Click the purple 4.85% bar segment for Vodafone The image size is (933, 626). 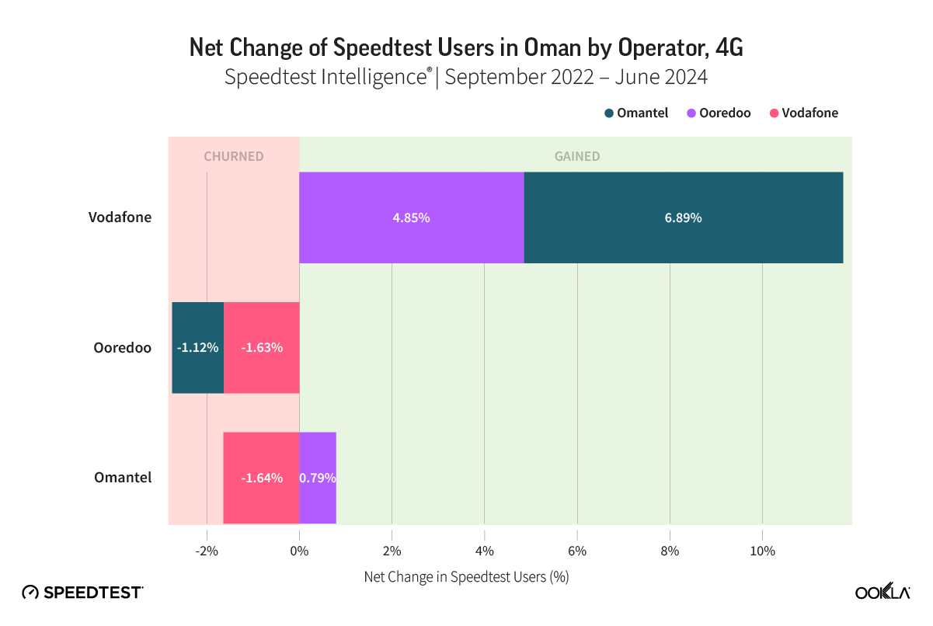pos(411,217)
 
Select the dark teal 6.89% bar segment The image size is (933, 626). pos(683,217)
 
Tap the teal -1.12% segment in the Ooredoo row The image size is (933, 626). pos(197,347)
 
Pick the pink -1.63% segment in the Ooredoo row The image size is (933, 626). pos(261,347)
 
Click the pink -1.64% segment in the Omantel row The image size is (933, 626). pos(261,478)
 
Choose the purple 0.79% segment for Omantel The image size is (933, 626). pos(318,478)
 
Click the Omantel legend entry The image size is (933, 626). pos(636,113)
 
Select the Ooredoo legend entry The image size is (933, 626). pos(719,113)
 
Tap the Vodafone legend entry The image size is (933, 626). pos(803,113)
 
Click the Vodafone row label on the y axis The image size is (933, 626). pos(120,217)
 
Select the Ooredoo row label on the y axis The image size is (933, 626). pos(122,347)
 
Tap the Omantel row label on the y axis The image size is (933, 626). pos(122,478)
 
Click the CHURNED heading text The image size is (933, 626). pos(234,156)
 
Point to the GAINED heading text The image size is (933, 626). pos(576,156)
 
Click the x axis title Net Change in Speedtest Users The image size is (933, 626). pos(466,578)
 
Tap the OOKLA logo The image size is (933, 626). pos(882,592)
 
